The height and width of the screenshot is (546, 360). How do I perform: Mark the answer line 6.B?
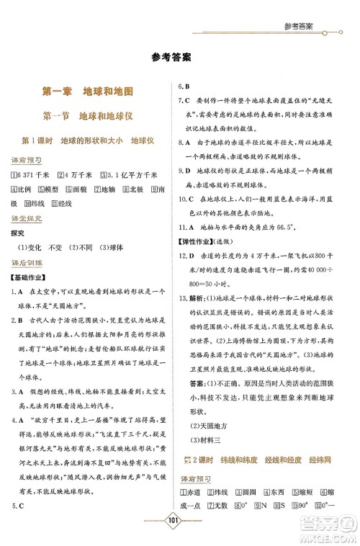coord(184,87)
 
